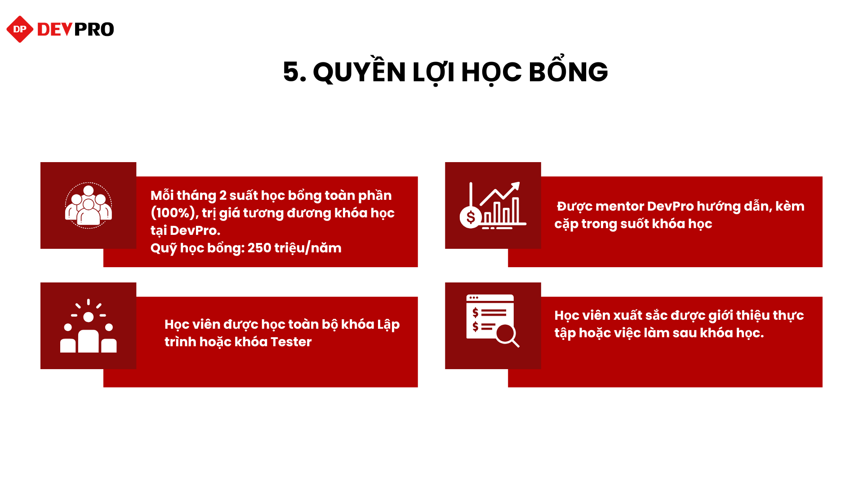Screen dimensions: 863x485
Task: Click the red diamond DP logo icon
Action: (x=20, y=29)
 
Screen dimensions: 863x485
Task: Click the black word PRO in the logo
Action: (x=94, y=30)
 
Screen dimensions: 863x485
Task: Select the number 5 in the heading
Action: (x=291, y=72)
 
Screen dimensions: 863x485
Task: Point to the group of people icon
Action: (x=89, y=205)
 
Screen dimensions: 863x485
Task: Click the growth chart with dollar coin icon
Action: (x=493, y=205)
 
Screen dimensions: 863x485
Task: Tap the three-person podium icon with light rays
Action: (x=89, y=326)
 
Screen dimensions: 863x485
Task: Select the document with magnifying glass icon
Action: (x=493, y=321)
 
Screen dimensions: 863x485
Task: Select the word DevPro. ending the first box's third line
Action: (x=195, y=231)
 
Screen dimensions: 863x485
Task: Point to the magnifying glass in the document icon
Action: (x=507, y=335)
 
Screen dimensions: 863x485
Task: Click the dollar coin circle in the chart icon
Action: (x=471, y=217)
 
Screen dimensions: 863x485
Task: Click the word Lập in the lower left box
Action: (x=388, y=324)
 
